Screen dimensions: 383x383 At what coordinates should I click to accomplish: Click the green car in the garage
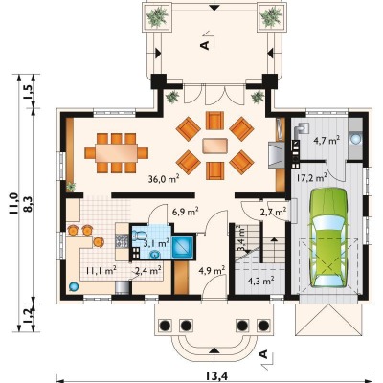pos(327,237)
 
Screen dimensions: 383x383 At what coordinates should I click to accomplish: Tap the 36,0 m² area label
pos(164,178)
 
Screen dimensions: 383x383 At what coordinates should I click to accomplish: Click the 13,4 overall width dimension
pos(216,376)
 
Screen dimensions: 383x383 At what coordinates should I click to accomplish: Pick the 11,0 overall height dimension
pos(14,204)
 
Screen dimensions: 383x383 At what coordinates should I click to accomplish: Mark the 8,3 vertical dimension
pos(28,204)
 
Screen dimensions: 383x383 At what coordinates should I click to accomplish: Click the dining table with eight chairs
pos(117,152)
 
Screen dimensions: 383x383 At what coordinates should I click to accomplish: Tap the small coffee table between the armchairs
pos(214,146)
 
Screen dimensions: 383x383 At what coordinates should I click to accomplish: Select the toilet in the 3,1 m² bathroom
pos(139,236)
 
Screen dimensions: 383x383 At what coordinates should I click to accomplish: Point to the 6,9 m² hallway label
pos(186,212)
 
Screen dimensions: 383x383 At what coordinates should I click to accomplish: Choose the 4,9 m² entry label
pos(212,271)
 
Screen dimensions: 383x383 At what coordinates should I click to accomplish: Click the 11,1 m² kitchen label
pos(101,271)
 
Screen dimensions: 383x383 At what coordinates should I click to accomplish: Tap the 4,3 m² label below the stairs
pos(261,281)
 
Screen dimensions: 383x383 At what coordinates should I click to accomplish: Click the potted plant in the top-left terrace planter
pos(157,16)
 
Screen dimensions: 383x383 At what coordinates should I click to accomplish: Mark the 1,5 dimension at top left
pos(28,92)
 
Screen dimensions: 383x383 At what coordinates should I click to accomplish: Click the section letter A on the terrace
pos(205,45)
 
